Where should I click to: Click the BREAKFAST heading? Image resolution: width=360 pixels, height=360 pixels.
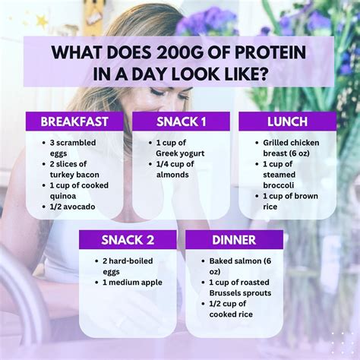pyautogui.click(x=74, y=122)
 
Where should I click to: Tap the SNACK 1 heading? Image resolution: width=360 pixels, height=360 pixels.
pyautogui.click(x=182, y=122)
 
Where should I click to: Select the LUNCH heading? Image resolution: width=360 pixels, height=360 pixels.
pyautogui.click(x=288, y=122)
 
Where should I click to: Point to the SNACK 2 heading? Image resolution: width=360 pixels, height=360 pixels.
pyautogui.click(x=128, y=240)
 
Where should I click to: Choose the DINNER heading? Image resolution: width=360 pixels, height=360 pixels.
pyautogui.click(x=234, y=240)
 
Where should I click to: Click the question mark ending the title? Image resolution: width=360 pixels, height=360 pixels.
pyautogui.click(x=263, y=74)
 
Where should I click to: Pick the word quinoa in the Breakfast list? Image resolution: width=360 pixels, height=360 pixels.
pyautogui.click(x=63, y=197)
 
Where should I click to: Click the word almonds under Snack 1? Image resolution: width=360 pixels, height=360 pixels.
pyautogui.click(x=172, y=175)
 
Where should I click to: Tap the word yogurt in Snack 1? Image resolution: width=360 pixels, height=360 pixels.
pyautogui.click(x=191, y=153)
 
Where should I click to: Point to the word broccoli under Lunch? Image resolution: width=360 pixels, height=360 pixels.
pyautogui.click(x=279, y=185)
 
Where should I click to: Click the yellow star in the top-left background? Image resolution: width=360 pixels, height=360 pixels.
pyautogui.click(x=42, y=21)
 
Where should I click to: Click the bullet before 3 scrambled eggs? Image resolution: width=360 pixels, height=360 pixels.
pyautogui.click(x=44, y=143)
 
